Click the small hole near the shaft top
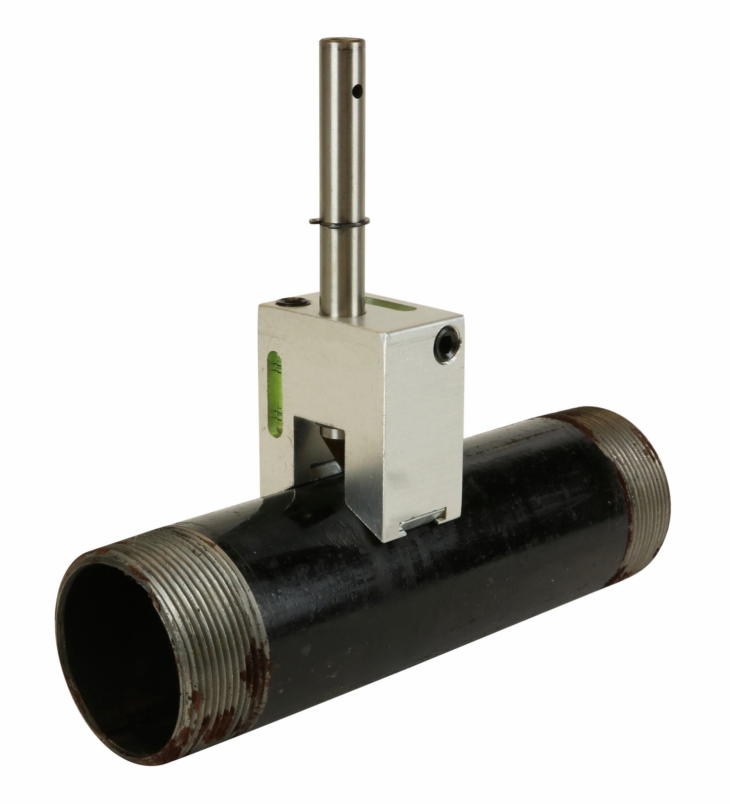[x=356, y=92]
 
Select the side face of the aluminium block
[x=422, y=427]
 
